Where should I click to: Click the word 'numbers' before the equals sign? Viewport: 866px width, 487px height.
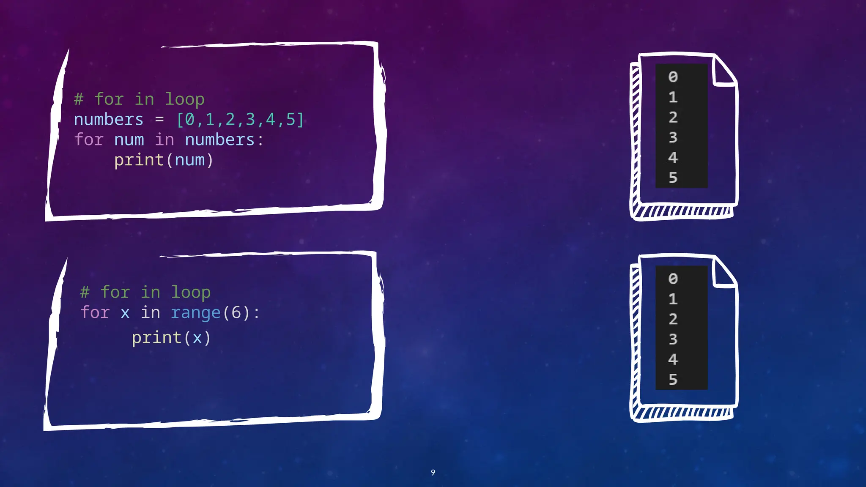[109, 120]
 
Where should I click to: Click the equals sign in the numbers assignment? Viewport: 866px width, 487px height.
[159, 120]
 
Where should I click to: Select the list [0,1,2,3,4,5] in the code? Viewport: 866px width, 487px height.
[240, 120]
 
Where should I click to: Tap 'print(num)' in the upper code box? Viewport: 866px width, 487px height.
[164, 160]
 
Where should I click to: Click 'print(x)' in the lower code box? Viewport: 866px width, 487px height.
[171, 338]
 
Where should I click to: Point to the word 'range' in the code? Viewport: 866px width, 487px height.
[195, 313]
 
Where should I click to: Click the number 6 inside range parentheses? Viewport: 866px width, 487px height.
[236, 313]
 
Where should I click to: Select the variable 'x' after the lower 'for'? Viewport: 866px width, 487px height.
[125, 313]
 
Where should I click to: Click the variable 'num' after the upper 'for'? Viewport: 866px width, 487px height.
[129, 140]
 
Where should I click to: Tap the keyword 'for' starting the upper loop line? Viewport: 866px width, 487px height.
[89, 140]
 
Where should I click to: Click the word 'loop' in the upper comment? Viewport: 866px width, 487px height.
[184, 100]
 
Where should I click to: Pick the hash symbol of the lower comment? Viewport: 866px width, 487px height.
[85, 292]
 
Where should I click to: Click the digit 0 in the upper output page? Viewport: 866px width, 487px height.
[673, 77]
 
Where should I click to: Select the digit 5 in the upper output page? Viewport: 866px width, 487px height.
[673, 178]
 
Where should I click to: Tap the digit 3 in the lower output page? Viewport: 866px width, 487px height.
[673, 339]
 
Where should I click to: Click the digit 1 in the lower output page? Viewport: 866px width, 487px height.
[673, 299]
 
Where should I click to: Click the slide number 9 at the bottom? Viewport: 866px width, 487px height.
[433, 472]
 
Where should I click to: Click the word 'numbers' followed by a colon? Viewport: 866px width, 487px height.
[219, 140]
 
